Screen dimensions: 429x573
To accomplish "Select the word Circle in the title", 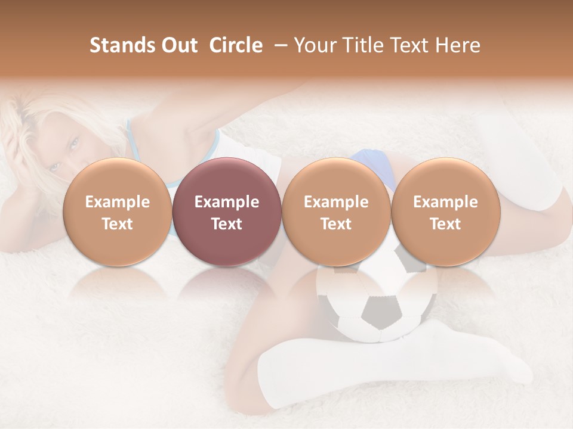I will [236, 45].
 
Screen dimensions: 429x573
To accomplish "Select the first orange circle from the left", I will [117, 179].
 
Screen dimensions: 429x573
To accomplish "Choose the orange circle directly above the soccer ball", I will [336, 179].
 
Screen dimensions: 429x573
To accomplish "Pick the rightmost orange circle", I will [445, 179].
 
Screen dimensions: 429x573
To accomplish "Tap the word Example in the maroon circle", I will [227, 202].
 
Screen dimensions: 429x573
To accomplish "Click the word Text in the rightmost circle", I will [445, 224].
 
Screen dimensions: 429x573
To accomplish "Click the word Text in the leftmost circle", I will [117, 224].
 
